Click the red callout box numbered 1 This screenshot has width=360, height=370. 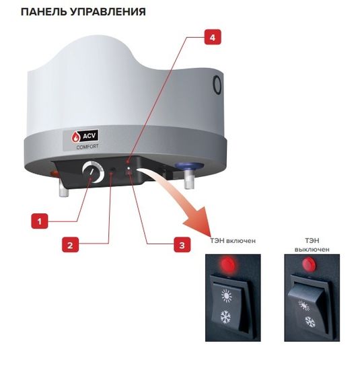(40, 220)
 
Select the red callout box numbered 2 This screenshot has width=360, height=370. (69, 244)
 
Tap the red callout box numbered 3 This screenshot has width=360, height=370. (181, 245)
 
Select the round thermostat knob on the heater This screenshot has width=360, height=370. (88, 173)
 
